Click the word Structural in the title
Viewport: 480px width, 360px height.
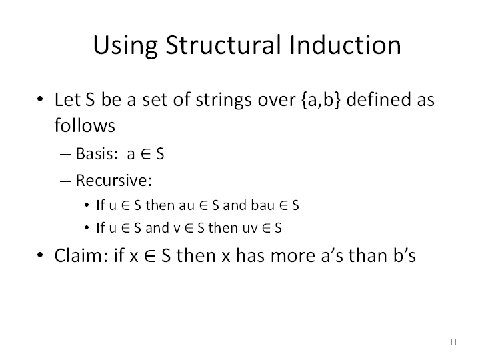[223, 45]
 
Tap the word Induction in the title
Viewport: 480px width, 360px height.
[345, 45]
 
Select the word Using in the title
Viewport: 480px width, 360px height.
[125, 46]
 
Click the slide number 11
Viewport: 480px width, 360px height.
[453, 342]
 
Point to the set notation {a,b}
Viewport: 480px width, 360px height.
[321, 99]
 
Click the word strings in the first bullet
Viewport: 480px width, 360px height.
[224, 101]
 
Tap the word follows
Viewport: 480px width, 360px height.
[85, 125]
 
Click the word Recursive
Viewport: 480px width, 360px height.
[113, 180]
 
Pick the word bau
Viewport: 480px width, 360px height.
[263, 205]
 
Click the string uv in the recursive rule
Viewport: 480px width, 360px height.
[250, 229]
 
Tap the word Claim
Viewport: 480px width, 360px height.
[81, 255]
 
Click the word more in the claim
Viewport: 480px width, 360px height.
[293, 256]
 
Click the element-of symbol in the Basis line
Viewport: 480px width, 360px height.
[146, 154]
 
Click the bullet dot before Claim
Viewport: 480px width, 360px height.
[40, 255]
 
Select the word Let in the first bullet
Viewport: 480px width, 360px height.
[67, 99]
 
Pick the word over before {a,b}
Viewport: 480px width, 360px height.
[277, 101]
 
